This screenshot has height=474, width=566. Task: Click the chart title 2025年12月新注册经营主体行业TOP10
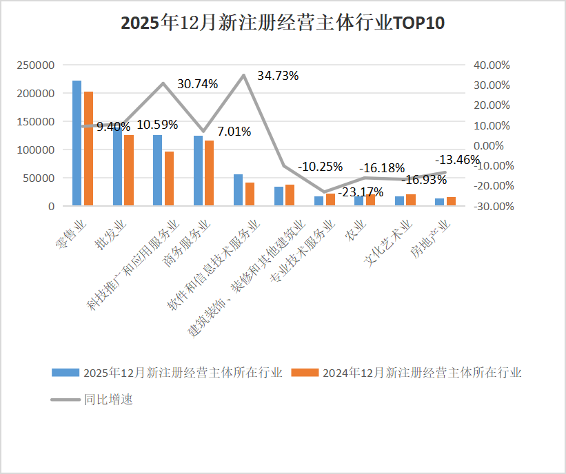click(x=283, y=23)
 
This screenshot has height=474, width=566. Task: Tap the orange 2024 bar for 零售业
click(x=88, y=149)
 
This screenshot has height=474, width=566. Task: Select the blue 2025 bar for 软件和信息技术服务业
click(x=238, y=190)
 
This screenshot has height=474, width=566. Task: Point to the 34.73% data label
click(x=278, y=76)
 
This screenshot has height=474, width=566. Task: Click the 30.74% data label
click(x=197, y=84)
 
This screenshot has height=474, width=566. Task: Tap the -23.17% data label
click(x=361, y=192)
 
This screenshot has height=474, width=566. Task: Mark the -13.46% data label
click(x=457, y=160)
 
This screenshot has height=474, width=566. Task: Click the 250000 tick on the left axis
click(x=35, y=65)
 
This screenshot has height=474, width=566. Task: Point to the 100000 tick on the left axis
click(x=35, y=150)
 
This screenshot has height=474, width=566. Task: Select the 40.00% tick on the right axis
click(x=492, y=65)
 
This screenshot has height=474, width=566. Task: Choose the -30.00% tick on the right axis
click(x=490, y=206)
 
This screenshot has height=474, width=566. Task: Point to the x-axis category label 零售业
click(x=71, y=235)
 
